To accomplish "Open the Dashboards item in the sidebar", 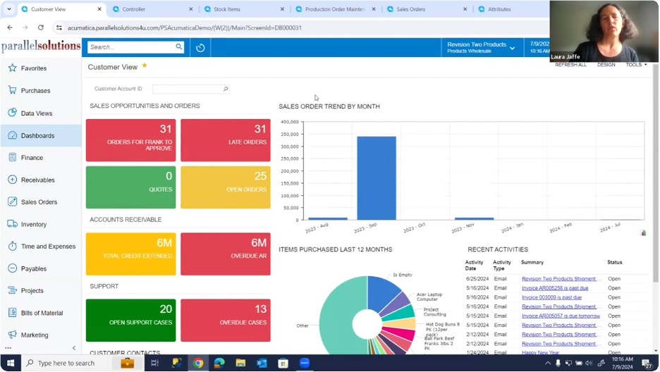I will click(37, 135).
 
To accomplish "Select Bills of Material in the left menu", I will click(42, 313).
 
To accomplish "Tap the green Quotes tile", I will click(130, 187).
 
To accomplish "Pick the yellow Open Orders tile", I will click(225, 187).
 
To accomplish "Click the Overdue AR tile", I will click(225, 254).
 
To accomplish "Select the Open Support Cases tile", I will click(130, 320).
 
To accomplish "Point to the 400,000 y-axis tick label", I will click(289, 122).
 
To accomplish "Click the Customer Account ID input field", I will click(188, 89).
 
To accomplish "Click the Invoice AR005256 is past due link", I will click(554, 288).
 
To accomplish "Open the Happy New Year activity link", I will click(542, 352).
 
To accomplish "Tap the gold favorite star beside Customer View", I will click(145, 66).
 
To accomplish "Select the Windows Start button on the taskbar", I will click(10, 363).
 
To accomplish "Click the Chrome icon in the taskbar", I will click(198, 363).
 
